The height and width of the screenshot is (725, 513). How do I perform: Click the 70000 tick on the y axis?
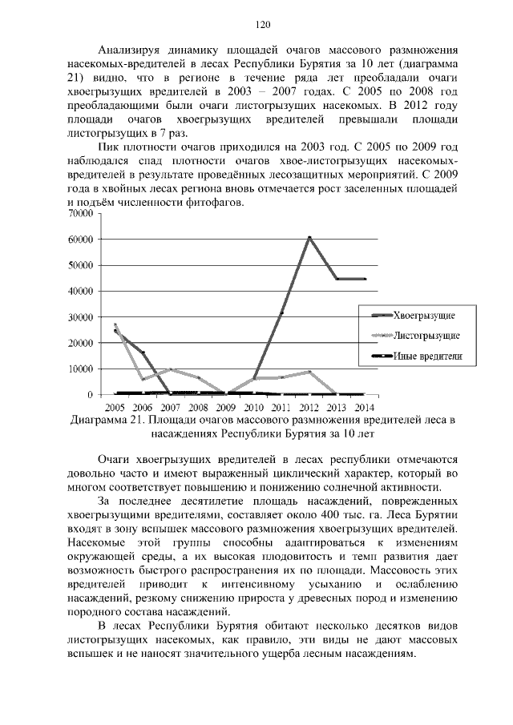click(79, 214)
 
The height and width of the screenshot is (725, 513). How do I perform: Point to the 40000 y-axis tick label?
click(79, 292)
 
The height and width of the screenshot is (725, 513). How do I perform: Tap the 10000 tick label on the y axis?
click(79, 369)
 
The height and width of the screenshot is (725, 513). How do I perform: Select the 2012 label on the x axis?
click(309, 407)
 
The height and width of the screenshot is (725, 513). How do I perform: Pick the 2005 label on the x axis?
click(115, 407)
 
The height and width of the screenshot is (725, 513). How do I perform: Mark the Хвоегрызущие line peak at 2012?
click(309, 237)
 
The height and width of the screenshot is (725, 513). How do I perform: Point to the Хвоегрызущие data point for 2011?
click(281, 312)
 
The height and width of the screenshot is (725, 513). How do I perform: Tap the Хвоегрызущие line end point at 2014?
click(365, 279)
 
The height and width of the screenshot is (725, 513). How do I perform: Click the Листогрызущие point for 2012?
click(309, 372)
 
